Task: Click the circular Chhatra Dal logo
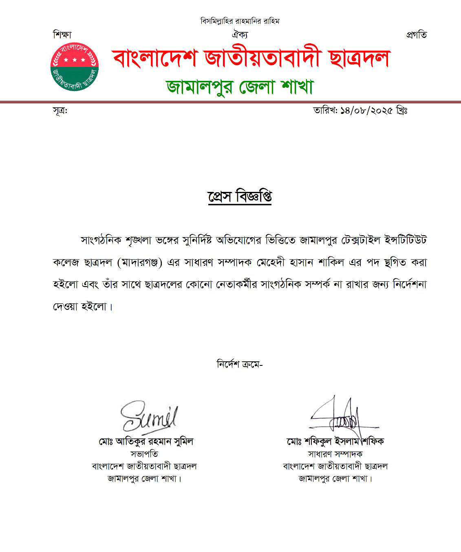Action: coord(75,67)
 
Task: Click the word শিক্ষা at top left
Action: coord(62,35)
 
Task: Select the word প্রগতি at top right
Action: coord(416,35)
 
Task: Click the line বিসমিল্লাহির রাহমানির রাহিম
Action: coord(240,21)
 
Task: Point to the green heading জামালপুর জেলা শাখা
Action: coord(240,86)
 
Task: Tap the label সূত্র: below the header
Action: coord(60,111)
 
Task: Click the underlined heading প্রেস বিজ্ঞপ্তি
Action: coord(240,197)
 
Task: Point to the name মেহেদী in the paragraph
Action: coord(268,263)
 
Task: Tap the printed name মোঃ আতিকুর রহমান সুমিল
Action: coord(146,441)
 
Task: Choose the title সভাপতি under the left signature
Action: coord(144,454)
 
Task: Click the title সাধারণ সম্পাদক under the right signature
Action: coord(335,454)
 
